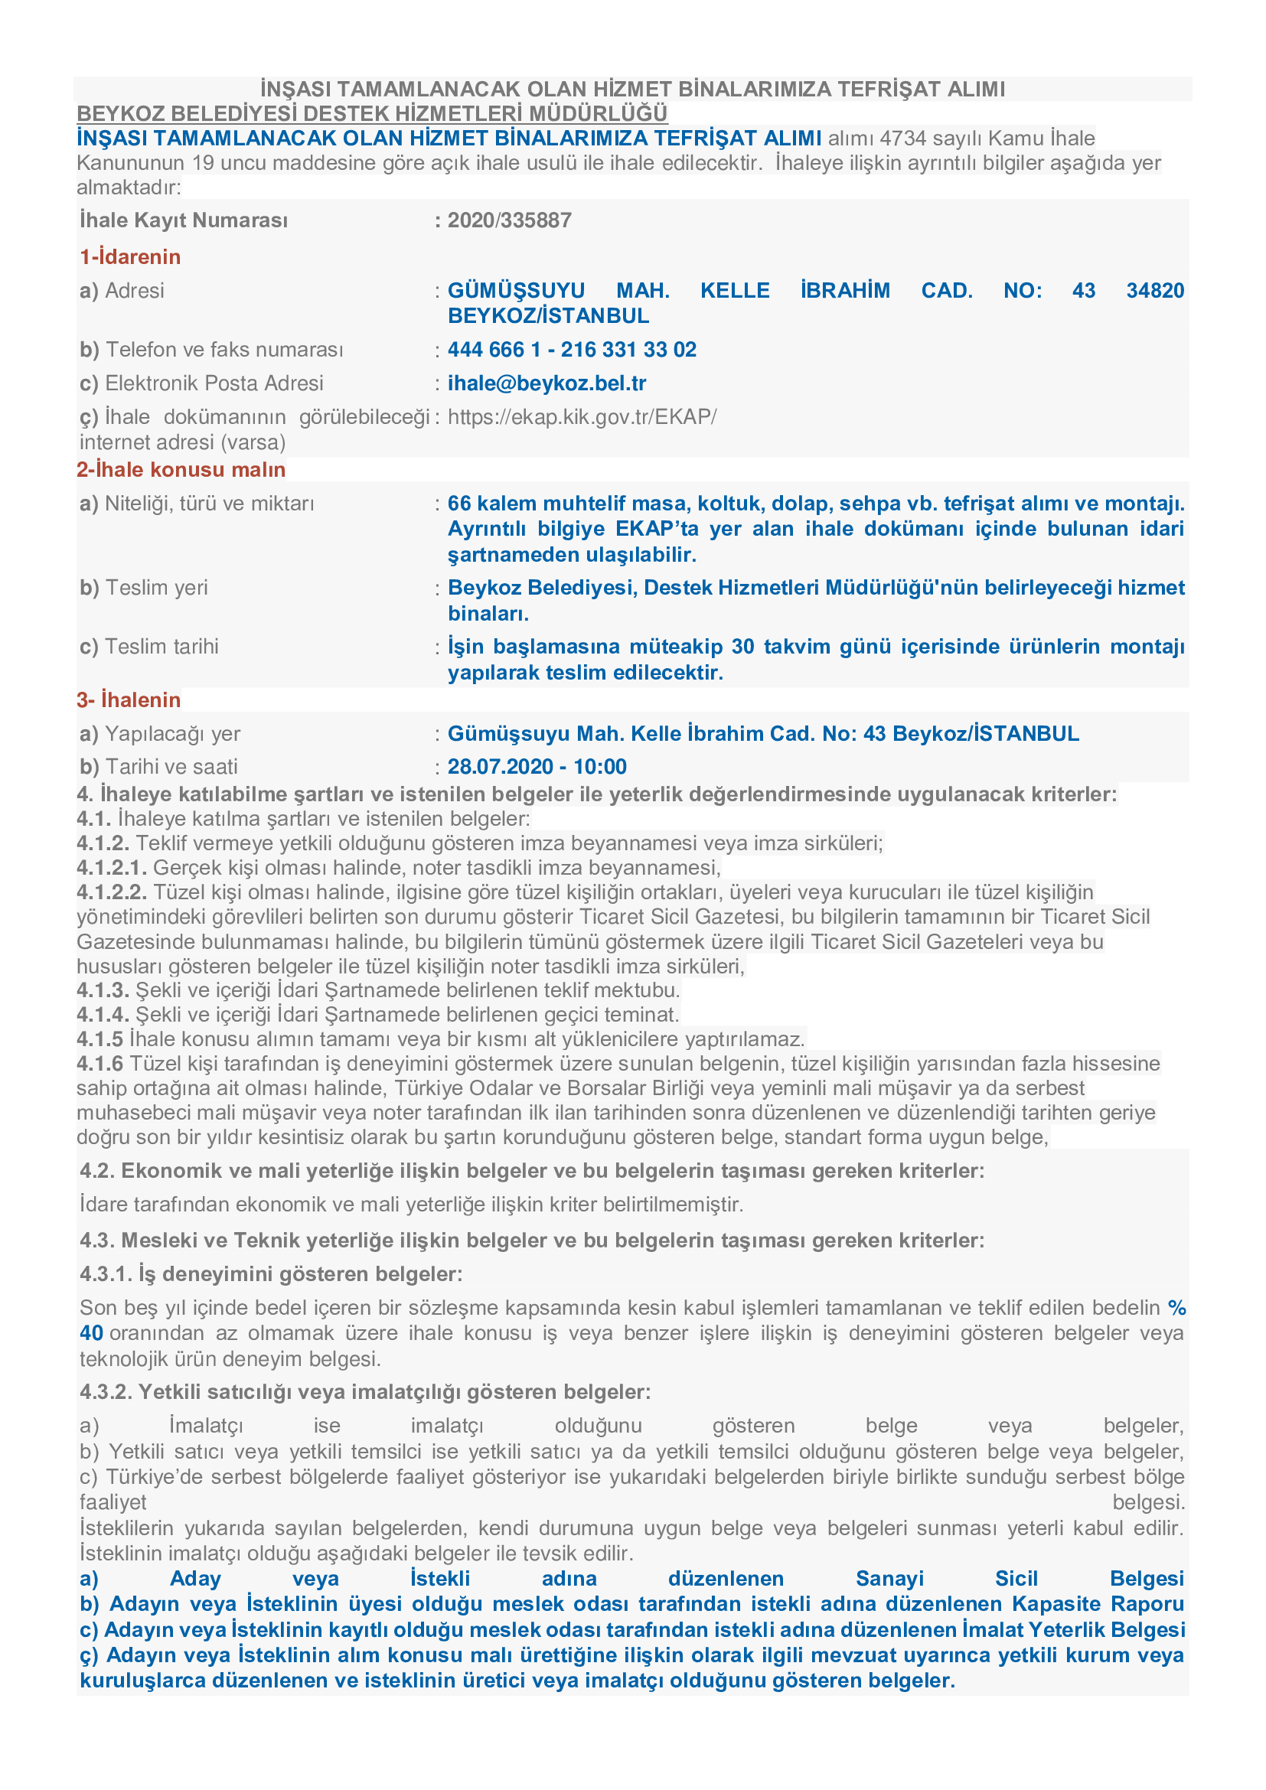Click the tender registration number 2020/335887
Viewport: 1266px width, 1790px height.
click(x=509, y=220)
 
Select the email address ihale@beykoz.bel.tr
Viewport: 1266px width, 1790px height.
click(x=547, y=383)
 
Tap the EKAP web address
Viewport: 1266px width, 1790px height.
click(x=582, y=417)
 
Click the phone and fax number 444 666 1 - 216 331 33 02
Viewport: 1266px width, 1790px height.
click(x=572, y=350)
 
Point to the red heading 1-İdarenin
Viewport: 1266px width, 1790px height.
click(x=130, y=257)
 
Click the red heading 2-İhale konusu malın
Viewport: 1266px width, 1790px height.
click(x=181, y=469)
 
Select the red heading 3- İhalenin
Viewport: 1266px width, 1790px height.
click(x=129, y=700)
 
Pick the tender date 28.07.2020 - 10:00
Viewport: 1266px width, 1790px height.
click(x=537, y=767)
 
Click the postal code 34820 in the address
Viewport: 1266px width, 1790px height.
click(x=1154, y=291)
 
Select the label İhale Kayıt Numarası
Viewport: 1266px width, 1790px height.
click(x=184, y=220)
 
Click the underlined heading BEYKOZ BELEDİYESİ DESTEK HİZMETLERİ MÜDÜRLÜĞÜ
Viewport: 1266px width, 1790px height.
click(x=372, y=114)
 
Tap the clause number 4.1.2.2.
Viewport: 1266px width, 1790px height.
click(x=112, y=892)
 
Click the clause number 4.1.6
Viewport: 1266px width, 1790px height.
click(x=100, y=1065)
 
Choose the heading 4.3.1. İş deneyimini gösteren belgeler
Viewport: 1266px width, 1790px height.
click(x=271, y=1274)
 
